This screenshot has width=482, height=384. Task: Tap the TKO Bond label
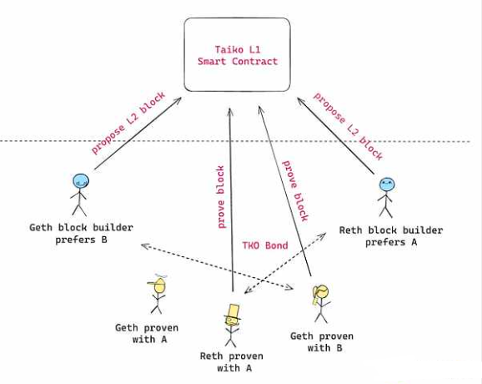[265, 245]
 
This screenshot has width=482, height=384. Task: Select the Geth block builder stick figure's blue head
[81, 180]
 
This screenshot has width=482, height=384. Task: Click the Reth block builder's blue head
[387, 184]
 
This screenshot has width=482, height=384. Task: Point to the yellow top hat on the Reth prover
[233, 311]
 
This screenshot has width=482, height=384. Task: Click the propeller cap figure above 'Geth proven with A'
[158, 294]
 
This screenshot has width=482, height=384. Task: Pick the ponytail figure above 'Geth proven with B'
[321, 303]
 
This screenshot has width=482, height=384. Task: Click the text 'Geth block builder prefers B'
[81, 234]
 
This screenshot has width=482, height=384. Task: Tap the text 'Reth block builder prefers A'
[391, 236]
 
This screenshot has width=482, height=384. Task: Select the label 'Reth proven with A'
[232, 361]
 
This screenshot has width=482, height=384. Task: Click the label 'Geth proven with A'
[147, 334]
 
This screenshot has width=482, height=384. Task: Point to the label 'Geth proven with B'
[322, 342]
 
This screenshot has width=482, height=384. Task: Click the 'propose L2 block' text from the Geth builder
[128, 123]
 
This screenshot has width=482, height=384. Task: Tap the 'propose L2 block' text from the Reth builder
[349, 126]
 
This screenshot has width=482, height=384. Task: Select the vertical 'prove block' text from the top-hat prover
[221, 197]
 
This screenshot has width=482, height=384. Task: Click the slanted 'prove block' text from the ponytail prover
[295, 191]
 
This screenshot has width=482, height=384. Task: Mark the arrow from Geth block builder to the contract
[138, 134]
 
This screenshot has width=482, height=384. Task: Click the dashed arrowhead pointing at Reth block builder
[322, 236]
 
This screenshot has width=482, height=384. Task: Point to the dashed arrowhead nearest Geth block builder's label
[144, 245]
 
